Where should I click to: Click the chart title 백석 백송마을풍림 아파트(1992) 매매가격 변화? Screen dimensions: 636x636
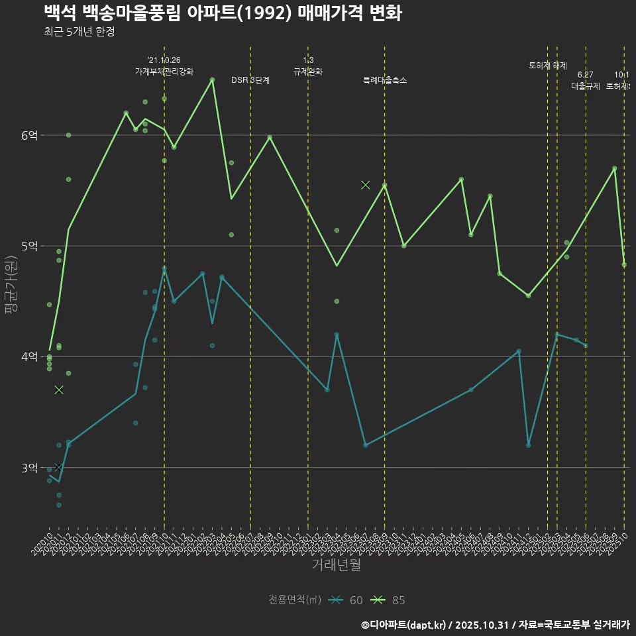coord(223,13)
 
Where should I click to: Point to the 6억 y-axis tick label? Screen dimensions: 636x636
coord(30,135)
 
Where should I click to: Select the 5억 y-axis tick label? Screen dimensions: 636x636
coord(30,246)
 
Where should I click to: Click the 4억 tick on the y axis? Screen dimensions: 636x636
coord(30,356)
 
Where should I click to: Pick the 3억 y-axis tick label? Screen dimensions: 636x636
coord(30,468)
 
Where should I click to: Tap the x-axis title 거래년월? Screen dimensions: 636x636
coord(336,565)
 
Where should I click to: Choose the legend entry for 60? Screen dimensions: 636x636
coord(346,600)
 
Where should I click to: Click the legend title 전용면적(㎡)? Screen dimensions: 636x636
coord(295,600)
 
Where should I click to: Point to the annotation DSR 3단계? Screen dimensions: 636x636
coord(250,80)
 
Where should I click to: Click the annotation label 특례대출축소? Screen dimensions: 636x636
coord(384,80)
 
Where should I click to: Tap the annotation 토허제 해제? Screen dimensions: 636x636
coord(548,66)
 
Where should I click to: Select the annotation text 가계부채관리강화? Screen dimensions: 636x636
coord(164,71)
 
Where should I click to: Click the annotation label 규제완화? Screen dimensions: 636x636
coord(307,71)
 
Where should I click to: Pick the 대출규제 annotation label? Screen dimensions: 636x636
coord(586,86)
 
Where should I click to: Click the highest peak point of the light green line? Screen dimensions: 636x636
coord(212,79)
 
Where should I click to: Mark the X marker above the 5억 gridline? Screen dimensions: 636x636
coord(365,184)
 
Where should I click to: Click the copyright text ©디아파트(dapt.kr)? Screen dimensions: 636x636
coord(405,625)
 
